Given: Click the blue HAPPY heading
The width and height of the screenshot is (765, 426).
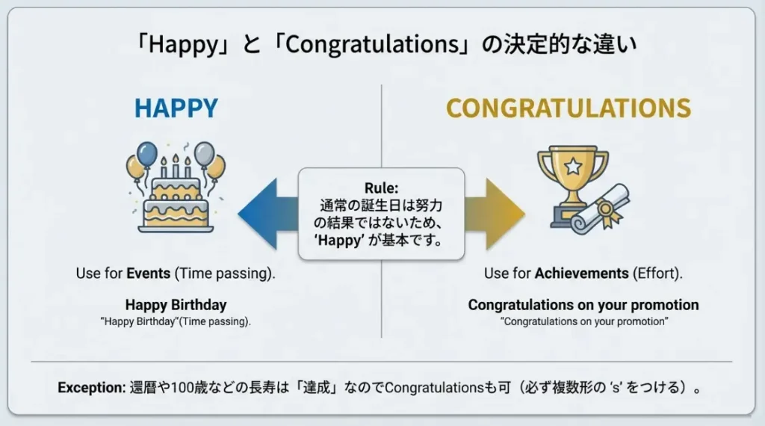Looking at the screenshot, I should tap(176, 108).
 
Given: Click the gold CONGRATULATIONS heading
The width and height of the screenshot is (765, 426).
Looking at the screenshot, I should tap(568, 108).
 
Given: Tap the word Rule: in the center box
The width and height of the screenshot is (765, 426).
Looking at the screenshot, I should tap(382, 187).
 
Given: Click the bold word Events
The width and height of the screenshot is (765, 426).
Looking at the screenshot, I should tap(149, 274).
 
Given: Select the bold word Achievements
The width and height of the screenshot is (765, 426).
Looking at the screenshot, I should tap(581, 274).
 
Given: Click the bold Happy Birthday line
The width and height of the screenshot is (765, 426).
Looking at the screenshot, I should tap(176, 305).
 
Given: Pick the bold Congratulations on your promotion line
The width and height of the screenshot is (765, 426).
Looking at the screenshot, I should tap(583, 305).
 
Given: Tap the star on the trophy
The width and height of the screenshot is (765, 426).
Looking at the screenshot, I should tap(572, 166).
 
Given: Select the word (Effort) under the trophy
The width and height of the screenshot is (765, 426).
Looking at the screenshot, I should tap(657, 274).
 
